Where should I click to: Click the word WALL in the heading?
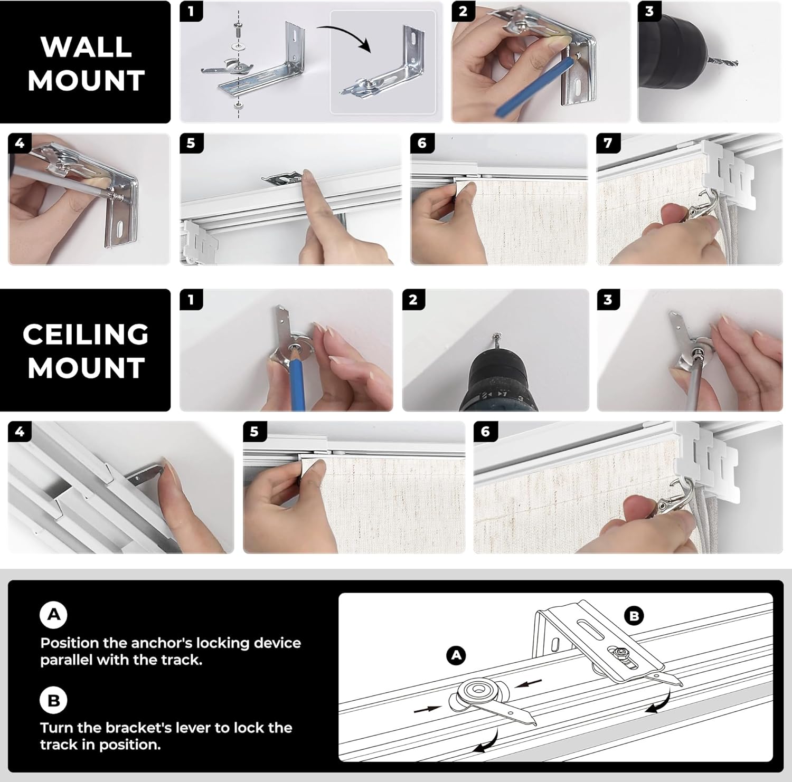tap(86, 47)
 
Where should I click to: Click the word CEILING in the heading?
tap(86, 335)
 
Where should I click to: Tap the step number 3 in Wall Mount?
tap(649, 12)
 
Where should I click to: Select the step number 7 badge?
tap(608, 143)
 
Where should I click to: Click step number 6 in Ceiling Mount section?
tap(485, 432)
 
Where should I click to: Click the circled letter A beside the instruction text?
tap(54, 615)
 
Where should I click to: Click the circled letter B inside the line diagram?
tap(634, 616)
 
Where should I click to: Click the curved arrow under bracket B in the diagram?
tap(660, 702)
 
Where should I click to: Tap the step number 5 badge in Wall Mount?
tap(191, 143)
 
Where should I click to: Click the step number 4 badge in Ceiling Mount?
tap(20, 432)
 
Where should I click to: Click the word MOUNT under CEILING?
tap(86, 368)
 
